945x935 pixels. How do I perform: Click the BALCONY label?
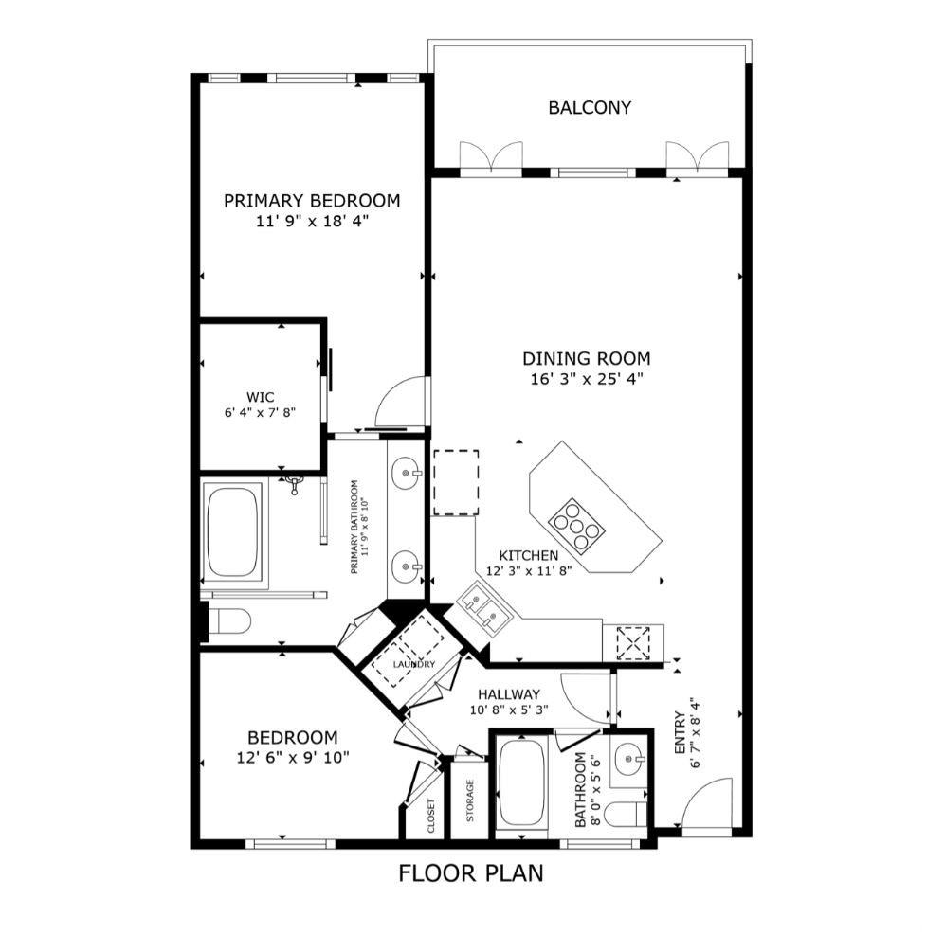590,108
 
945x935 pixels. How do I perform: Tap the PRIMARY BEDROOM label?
312,201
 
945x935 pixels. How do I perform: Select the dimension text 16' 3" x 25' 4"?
587,379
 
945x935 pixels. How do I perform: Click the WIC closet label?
261,397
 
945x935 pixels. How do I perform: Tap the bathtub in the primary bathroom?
232,531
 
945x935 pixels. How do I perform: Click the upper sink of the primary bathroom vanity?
407,473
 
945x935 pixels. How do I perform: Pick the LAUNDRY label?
414,664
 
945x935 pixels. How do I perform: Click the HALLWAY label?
509,694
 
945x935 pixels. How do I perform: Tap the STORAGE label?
470,800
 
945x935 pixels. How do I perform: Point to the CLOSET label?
431,816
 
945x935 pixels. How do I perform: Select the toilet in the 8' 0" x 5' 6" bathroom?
625,814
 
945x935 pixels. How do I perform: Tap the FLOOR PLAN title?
471,872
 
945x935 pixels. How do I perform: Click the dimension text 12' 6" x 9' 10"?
293,757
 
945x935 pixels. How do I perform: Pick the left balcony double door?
491,158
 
